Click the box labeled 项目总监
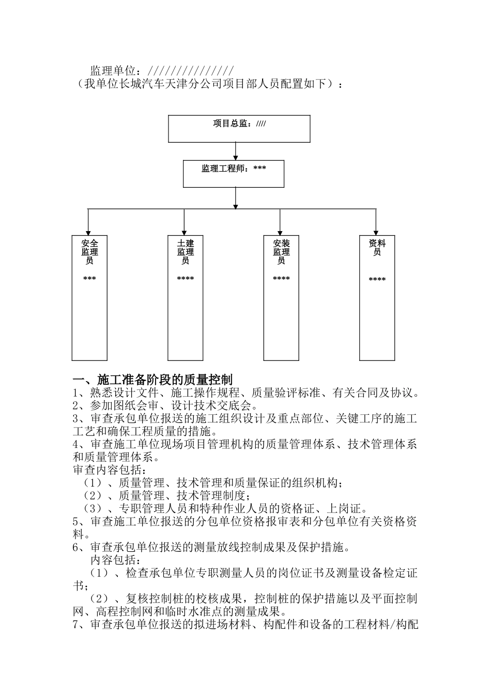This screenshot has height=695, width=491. click(x=239, y=129)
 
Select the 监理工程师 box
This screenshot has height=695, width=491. click(x=234, y=174)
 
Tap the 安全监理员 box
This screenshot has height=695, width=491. click(x=89, y=297)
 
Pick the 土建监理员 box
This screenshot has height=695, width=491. click(x=185, y=297)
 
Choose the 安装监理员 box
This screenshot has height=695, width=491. click(x=281, y=297)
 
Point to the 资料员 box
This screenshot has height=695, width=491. click(x=377, y=297)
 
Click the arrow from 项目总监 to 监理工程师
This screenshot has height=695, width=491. click(x=236, y=151)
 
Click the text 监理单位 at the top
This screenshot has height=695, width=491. click(x=113, y=70)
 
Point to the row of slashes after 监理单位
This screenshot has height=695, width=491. click(x=191, y=70)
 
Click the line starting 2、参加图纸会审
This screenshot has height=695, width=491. click(x=165, y=405)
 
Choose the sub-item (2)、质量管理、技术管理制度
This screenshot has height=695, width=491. click(x=176, y=495)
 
